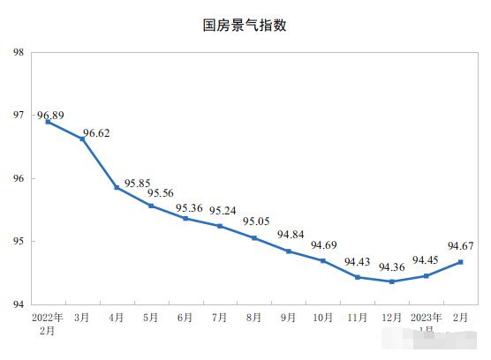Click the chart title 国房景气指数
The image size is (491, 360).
245,26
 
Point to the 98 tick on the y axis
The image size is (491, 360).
18,52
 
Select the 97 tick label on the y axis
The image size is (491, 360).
18,116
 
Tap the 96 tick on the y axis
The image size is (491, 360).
18,178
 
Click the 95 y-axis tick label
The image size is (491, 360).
18,242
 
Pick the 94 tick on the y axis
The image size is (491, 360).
18,304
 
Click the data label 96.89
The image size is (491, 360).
50,115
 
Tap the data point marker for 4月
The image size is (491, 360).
117,187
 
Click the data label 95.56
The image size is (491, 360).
161,193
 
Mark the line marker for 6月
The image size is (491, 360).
185,218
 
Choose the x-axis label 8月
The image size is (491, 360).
254,317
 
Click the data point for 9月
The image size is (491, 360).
289,251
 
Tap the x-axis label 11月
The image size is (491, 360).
358,317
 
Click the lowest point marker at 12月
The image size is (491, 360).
392,281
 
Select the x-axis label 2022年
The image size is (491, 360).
48,317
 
